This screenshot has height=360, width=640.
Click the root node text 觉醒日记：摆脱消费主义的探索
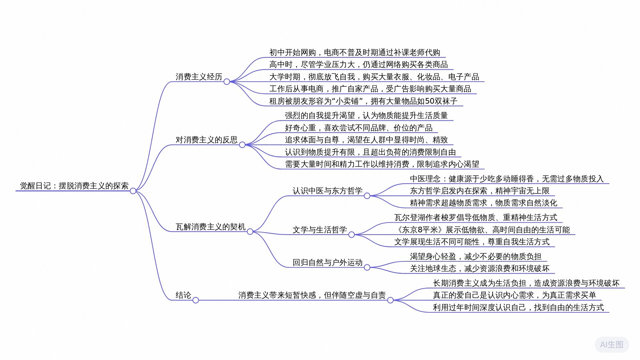[x=74, y=186]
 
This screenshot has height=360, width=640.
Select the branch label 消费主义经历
[x=199, y=77]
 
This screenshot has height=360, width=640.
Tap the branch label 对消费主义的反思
[x=206, y=140]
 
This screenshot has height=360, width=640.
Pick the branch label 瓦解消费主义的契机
[x=210, y=227]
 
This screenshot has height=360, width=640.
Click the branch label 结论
[x=183, y=295]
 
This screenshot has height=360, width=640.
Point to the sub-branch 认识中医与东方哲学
[x=327, y=191]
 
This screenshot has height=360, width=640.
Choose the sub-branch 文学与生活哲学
[x=320, y=230]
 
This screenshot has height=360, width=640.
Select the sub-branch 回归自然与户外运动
[x=327, y=262]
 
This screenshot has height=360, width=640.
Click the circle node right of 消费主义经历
[x=227, y=82]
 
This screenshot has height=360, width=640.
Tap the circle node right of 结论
[x=196, y=300]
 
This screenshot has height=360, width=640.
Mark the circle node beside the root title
[x=133, y=191]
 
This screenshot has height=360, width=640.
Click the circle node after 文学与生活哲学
[x=351, y=235]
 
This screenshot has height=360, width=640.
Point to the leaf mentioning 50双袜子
[x=363, y=101]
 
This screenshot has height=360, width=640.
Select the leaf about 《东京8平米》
[x=482, y=230]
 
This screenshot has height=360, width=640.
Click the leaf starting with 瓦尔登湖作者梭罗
[x=475, y=218]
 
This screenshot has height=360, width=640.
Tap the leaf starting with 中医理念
[x=506, y=179]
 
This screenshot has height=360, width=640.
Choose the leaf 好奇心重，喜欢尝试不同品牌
[x=358, y=128]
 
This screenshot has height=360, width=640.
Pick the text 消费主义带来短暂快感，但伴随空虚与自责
[x=312, y=295]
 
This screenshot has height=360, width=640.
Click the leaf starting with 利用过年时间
[x=518, y=307]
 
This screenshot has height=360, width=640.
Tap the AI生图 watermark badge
[x=611, y=345]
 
